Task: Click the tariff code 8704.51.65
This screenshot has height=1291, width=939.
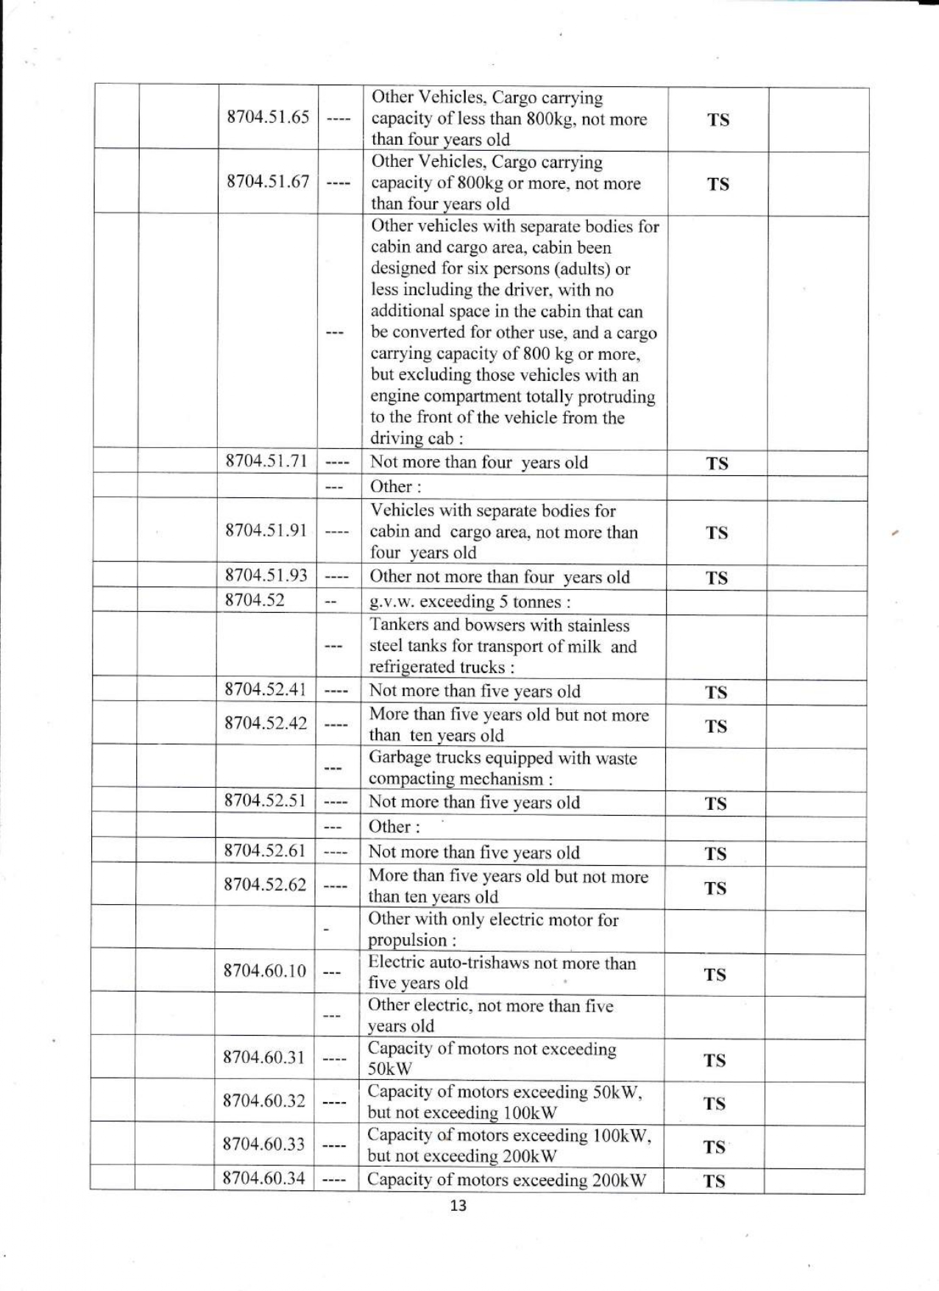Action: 268,118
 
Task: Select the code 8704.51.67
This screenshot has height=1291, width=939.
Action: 268,182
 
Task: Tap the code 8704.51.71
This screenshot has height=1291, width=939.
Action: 266,461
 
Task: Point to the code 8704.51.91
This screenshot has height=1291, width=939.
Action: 266,530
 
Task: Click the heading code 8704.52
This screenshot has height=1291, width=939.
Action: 255,600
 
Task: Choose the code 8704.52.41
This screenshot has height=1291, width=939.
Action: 266,689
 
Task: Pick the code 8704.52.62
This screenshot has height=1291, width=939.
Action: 265,885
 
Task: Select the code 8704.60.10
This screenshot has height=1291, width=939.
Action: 264,971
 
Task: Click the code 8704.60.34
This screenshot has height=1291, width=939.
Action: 263,1178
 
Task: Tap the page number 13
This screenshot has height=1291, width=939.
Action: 458,1206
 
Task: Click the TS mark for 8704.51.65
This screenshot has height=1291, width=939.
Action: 718,120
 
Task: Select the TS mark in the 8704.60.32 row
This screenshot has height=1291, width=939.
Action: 715,1103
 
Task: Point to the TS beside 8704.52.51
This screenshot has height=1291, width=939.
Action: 716,804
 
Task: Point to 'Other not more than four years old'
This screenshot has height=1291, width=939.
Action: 499,577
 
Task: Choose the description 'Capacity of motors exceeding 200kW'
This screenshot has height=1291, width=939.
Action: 506,1180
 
